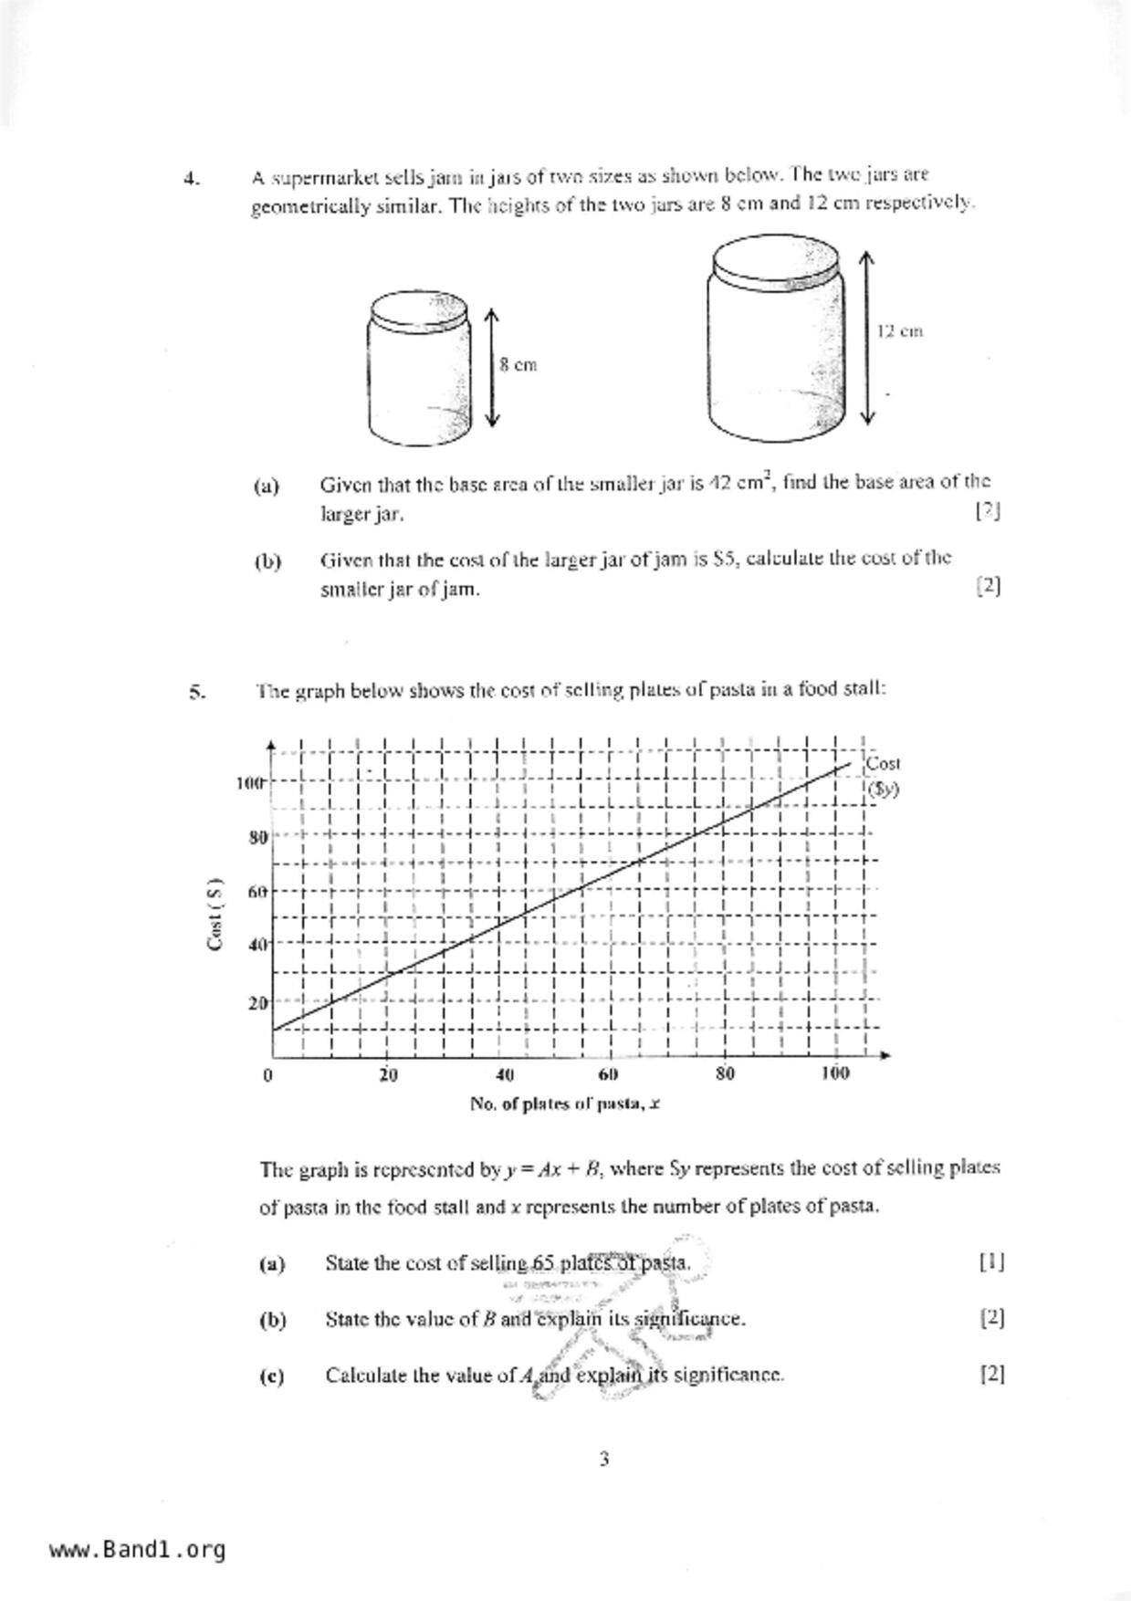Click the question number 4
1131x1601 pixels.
tap(192, 179)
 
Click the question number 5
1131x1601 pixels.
tap(196, 692)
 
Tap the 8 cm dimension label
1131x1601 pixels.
tap(518, 365)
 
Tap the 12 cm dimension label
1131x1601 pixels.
tap(899, 331)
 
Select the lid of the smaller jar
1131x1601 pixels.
tap(418, 309)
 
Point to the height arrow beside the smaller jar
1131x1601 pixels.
tap(492, 367)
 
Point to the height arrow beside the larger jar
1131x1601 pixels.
tap(867, 338)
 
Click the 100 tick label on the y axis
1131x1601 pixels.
tap(249, 783)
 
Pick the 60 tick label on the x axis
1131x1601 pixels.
tap(609, 1074)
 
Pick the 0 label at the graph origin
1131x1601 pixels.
tap(267, 1074)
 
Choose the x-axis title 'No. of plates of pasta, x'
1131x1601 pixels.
tap(565, 1104)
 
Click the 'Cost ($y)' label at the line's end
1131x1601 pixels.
tap(883, 775)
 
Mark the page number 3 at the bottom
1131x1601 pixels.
tap(604, 1460)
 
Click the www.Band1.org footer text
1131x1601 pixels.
tap(137, 1550)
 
